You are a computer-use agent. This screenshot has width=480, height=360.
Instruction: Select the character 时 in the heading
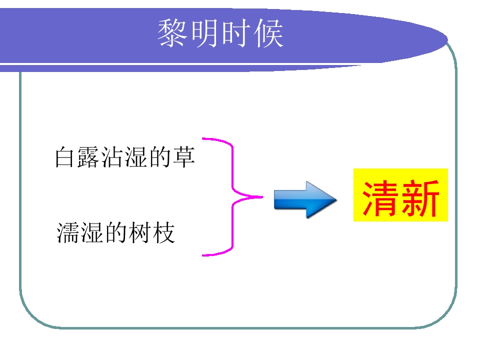(235, 33)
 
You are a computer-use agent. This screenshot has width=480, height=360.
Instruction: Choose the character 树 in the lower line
(139, 232)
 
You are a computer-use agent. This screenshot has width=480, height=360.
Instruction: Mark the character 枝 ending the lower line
(164, 232)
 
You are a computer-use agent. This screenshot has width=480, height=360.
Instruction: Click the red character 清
(379, 198)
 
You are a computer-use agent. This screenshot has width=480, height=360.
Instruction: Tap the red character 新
(420, 198)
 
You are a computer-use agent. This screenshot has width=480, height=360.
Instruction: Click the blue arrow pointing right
(305, 199)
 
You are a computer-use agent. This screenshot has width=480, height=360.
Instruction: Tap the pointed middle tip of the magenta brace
(262, 197)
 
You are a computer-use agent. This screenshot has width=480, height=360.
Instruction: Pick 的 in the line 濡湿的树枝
(115, 232)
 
